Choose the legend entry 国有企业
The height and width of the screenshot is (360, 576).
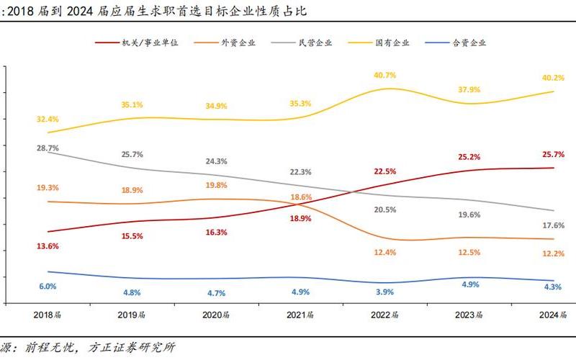(392, 42)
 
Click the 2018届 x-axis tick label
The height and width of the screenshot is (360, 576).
(48, 315)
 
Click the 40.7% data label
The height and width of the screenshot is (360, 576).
(384, 75)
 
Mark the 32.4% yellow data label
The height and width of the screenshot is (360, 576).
(48, 119)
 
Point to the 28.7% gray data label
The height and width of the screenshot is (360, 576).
(48, 147)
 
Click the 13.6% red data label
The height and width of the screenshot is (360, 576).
(48, 246)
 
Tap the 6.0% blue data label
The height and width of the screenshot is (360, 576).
(48, 286)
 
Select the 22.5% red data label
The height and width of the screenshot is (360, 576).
(384, 171)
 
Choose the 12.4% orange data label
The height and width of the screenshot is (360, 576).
(384, 252)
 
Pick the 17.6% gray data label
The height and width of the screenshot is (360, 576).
(552, 225)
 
